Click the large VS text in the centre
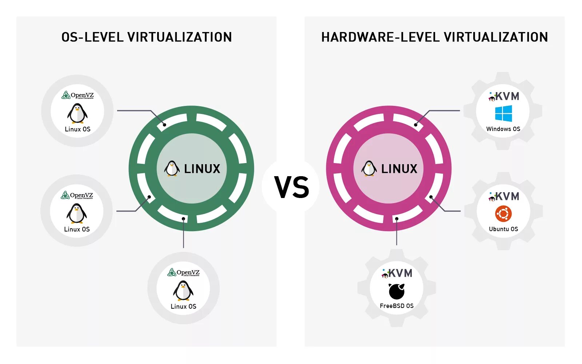click(x=291, y=187)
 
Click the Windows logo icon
click(x=503, y=114)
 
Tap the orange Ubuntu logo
click(x=503, y=214)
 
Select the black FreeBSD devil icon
click(x=396, y=291)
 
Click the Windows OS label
click(x=503, y=129)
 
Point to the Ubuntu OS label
click(x=503, y=229)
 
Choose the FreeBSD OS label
click(x=396, y=306)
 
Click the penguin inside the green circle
click(x=172, y=169)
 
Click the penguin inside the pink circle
click(x=369, y=169)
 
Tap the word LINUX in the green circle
click(x=202, y=169)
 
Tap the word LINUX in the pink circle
click(x=399, y=169)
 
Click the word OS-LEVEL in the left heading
click(x=92, y=37)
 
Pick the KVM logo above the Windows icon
click(x=504, y=96)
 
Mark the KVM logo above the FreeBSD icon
click(x=397, y=273)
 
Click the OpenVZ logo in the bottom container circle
click(x=183, y=272)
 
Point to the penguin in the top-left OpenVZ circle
click(x=77, y=113)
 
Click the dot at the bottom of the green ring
click(x=184, y=219)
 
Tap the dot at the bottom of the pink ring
click(x=397, y=219)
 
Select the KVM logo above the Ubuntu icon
click(x=504, y=197)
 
